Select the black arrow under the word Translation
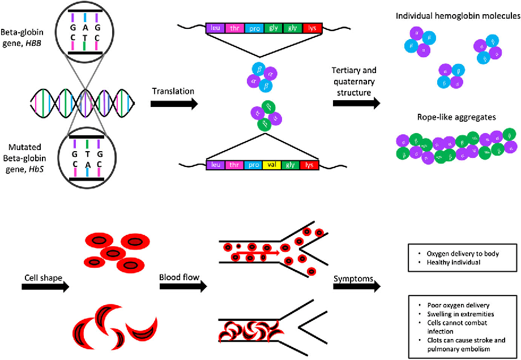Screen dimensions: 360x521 pyautogui.click(x=174, y=104)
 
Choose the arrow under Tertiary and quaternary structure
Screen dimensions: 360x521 pyautogui.click(x=356, y=104)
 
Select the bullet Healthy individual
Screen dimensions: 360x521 pyautogui.click(x=452, y=262)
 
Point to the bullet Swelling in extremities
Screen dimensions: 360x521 pyautogui.click(x=460, y=314)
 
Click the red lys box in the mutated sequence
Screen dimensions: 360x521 pyautogui.click(x=309, y=165)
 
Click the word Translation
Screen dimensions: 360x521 pyautogui.click(x=174, y=91)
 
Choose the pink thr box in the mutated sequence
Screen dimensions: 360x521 pyautogui.click(x=234, y=165)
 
